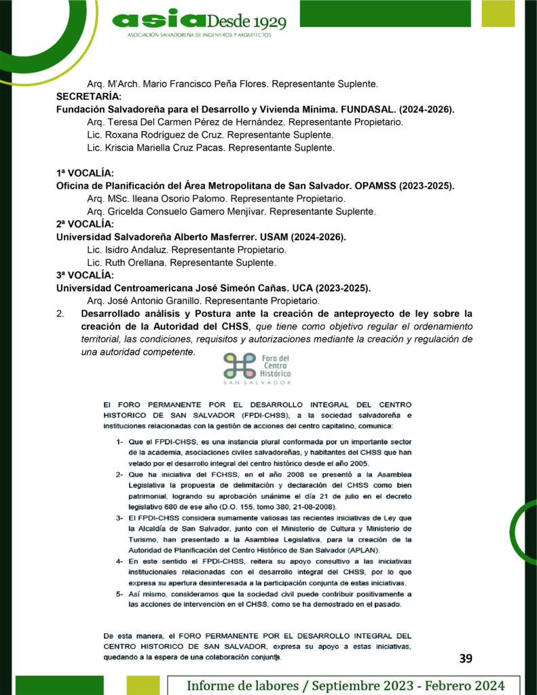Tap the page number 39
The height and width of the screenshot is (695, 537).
pos(466,658)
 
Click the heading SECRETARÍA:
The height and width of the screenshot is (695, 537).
pos(89,96)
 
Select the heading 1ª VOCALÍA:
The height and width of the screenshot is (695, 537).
pos(85,173)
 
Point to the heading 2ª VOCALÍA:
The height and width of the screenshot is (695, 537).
pos(85,224)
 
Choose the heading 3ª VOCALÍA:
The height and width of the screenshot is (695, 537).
pos(85,275)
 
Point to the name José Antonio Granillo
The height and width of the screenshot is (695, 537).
pos(154,301)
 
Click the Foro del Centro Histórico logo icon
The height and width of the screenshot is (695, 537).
pos(239,367)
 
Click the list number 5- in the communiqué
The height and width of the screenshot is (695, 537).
pos(119,593)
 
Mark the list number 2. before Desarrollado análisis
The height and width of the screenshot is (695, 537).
pos(60,314)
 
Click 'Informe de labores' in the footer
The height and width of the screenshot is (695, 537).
pos(236,685)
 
